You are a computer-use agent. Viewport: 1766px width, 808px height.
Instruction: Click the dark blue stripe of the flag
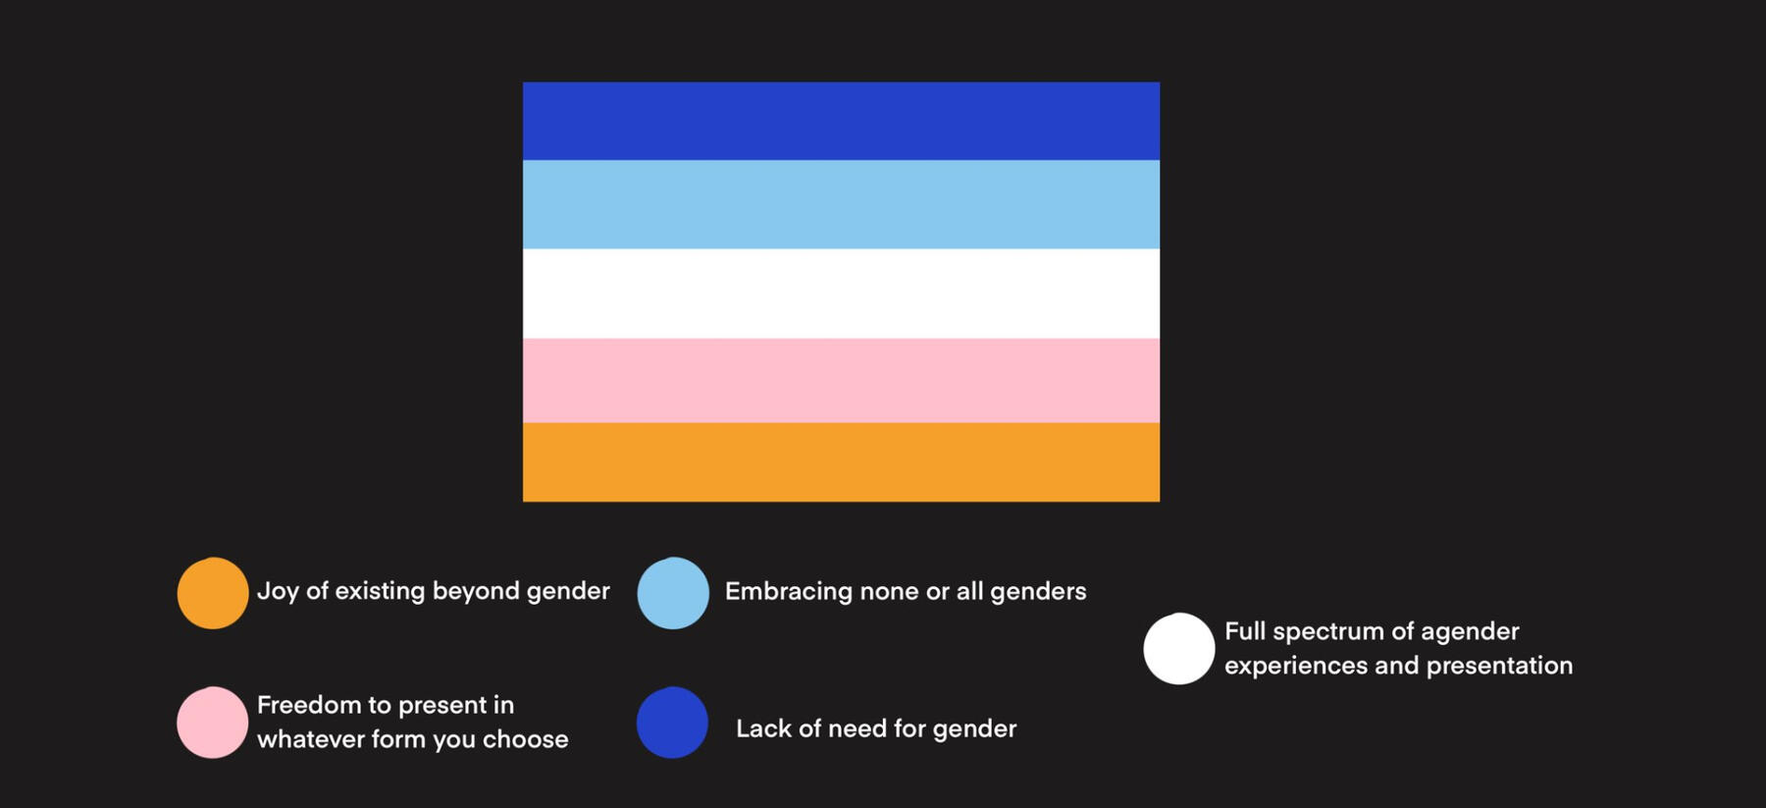tap(841, 121)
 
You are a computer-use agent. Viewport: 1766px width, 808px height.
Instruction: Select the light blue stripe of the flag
tap(841, 204)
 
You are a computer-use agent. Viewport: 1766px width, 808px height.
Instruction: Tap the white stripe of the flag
tap(841, 294)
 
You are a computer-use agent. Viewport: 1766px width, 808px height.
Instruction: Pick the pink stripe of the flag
tap(841, 381)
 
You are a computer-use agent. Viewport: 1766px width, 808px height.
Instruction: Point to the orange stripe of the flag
tap(841, 462)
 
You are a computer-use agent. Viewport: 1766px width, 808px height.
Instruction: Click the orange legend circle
tap(213, 593)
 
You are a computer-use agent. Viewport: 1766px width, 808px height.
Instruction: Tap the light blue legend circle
tap(673, 593)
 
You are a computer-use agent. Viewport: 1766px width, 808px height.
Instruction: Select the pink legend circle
tap(213, 723)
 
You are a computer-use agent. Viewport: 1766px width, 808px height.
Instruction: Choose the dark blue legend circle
tap(673, 723)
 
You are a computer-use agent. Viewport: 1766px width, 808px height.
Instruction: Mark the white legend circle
tap(1179, 649)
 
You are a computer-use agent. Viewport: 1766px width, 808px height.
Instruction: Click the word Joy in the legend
tap(278, 591)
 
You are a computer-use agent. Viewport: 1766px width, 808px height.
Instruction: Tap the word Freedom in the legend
tap(309, 705)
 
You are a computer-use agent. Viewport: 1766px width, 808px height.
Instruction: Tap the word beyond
tap(475, 591)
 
